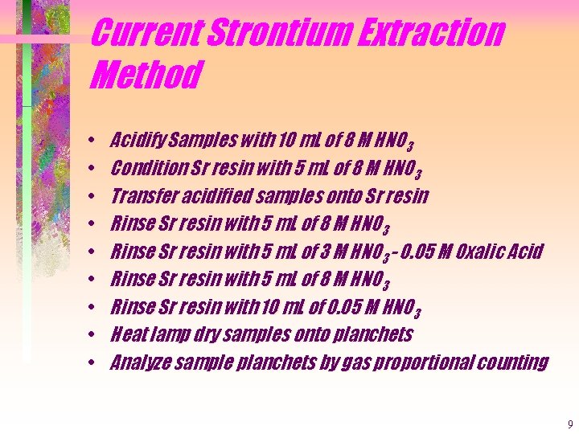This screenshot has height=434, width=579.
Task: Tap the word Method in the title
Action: (x=145, y=76)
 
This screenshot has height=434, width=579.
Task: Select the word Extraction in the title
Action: (x=434, y=34)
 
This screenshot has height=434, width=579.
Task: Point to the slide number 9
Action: (x=569, y=424)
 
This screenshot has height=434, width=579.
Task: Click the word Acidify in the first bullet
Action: (x=136, y=141)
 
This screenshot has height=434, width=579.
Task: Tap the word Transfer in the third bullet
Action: (x=139, y=196)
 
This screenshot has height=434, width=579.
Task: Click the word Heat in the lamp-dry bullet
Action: (x=128, y=334)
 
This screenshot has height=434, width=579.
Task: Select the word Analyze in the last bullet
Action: (x=138, y=362)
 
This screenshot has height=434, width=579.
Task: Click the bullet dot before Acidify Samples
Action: (x=94, y=141)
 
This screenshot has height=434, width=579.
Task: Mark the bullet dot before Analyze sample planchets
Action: (x=94, y=362)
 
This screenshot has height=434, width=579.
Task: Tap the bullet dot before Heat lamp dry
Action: (x=94, y=334)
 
